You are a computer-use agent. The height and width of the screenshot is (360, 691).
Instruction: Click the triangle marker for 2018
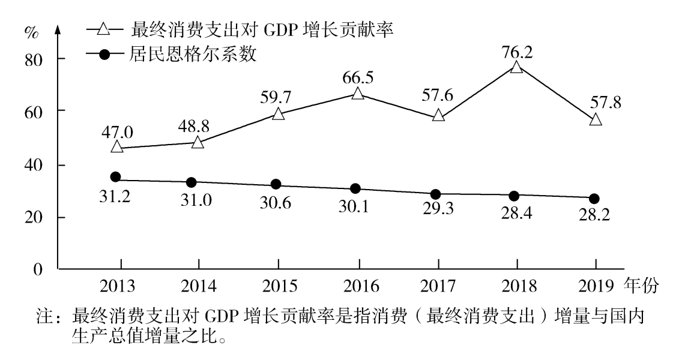[516, 67]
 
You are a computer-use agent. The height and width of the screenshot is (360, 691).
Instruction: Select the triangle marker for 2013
[117, 146]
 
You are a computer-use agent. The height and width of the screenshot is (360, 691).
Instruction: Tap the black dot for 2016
[355, 188]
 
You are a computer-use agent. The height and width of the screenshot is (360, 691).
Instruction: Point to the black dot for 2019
[594, 199]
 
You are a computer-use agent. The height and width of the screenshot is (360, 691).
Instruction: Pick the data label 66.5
[358, 78]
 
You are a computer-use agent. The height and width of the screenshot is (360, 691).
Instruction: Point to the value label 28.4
[514, 213]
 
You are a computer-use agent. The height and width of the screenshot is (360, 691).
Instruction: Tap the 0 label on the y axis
[42, 269]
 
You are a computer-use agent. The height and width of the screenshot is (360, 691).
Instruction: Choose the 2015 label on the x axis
[279, 286]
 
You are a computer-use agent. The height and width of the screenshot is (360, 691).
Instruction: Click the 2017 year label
[438, 286]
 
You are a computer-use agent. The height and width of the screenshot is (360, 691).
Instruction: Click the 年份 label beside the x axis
[641, 286]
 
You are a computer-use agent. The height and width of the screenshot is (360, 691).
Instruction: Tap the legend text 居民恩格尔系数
[192, 55]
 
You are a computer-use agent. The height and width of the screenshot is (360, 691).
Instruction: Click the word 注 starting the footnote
[44, 314]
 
